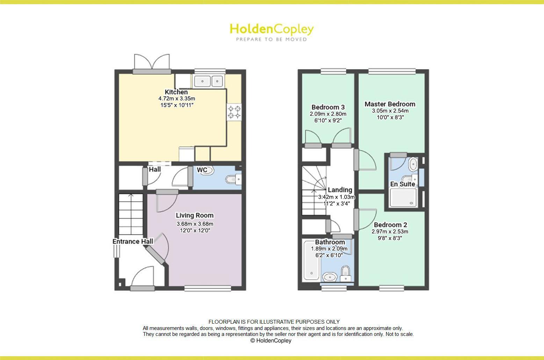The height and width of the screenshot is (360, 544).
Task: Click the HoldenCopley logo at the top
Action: coord(271,29)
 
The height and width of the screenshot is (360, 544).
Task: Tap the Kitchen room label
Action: coord(176,92)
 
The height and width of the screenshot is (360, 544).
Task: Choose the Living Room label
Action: coord(195,215)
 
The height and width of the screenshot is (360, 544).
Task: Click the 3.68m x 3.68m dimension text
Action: coord(195,224)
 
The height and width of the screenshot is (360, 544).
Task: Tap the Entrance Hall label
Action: coord(133,241)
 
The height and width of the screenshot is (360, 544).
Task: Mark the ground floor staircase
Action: coord(131,214)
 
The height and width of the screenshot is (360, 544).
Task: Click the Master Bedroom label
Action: coord(390,104)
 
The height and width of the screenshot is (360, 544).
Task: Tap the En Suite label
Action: coord(402,184)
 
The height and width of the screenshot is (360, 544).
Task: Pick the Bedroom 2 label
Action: coord(390,225)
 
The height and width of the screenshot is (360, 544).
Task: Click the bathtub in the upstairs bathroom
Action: coord(311,260)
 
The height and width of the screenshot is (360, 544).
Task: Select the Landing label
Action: coord(340,190)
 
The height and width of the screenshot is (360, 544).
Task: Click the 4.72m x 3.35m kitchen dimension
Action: coord(176,99)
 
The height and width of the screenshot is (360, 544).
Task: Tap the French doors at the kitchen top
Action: coord(152,63)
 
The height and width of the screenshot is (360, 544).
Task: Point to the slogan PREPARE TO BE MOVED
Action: coord(271,39)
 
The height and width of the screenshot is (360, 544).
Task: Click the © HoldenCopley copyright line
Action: coord(271,340)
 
